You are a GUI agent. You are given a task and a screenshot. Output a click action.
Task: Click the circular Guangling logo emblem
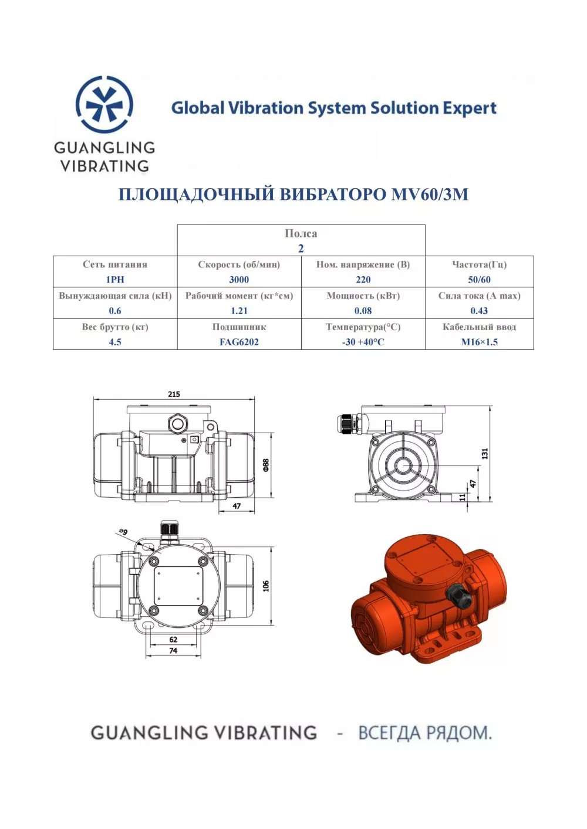[104, 105]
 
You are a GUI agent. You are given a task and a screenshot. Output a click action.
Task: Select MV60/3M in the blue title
[430, 194]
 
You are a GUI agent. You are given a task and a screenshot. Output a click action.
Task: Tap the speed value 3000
[239, 280]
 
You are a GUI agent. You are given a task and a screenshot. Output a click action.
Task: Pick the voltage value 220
[363, 280]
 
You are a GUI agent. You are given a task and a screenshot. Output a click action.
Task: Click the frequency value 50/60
[479, 280]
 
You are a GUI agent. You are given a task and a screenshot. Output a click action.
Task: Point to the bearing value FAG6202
[239, 342]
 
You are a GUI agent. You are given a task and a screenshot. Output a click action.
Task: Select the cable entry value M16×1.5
[479, 342]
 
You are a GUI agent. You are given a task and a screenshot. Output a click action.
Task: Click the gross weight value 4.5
[115, 342]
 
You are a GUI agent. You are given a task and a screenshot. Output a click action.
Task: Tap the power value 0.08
[363, 311]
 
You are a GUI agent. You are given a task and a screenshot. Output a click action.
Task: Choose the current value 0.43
[479, 311]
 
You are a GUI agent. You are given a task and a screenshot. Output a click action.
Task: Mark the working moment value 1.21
[239, 311]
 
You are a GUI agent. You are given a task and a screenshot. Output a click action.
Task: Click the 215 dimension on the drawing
[174, 394]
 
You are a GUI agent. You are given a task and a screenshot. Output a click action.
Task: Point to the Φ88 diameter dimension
[266, 465]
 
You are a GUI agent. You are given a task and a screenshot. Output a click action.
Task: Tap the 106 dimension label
[266, 586]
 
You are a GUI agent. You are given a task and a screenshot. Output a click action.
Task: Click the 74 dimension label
[173, 650]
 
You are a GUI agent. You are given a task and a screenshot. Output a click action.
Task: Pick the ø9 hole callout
[123, 532]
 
